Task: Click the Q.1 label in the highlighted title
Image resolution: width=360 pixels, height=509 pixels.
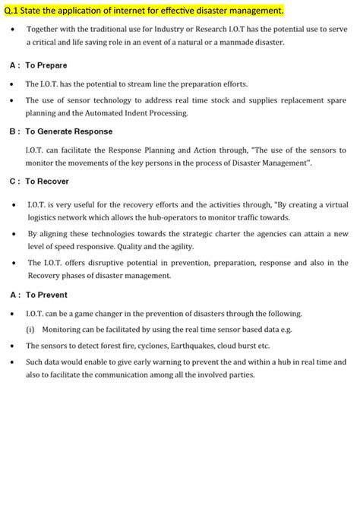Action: coord(13,10)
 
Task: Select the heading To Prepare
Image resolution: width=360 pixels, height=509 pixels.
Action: coord(46,65)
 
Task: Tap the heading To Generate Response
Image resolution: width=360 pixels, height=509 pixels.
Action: coord(69,131)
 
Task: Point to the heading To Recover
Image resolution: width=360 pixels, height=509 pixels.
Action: coord(47,182)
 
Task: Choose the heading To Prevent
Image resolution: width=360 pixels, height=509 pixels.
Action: coord(46,295)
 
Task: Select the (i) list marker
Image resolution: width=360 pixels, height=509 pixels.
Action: coord(30,330)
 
